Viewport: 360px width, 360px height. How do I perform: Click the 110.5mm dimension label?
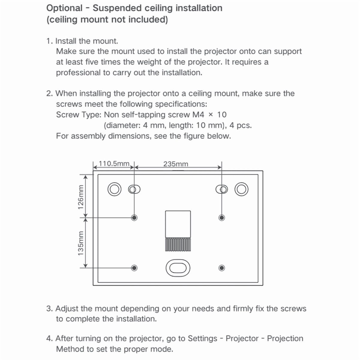114,163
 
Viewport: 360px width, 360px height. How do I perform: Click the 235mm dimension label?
176,164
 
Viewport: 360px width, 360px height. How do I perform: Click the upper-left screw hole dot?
134,217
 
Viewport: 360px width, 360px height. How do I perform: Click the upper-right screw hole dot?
222,217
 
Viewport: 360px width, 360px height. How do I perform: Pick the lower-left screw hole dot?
134,268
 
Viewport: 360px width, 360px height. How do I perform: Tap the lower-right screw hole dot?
222,268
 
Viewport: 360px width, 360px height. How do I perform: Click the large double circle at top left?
108,189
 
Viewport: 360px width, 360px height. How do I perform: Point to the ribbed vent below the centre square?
178,244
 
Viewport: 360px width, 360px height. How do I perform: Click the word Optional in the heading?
64,8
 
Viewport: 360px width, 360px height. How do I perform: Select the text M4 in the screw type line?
198,115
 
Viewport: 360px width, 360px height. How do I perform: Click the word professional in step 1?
78,73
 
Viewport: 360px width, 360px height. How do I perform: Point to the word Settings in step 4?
202,338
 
